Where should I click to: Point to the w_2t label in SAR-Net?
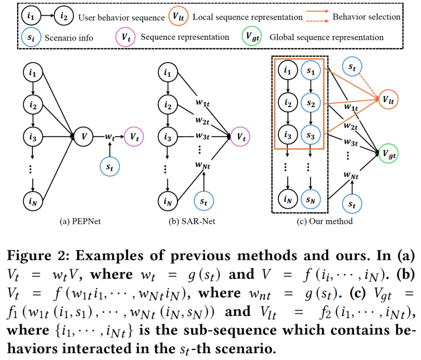click(202, 120)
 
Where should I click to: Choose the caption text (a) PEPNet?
click(80, 222)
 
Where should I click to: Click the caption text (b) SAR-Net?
click(192, 222)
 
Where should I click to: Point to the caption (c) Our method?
click(325, 222)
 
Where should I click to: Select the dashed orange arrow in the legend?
click(317, 21)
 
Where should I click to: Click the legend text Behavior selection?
click(366, 17)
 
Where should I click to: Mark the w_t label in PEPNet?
click(110, 137)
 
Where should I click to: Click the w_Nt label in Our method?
click(351, 176)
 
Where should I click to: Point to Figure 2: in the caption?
click(38, 255)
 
